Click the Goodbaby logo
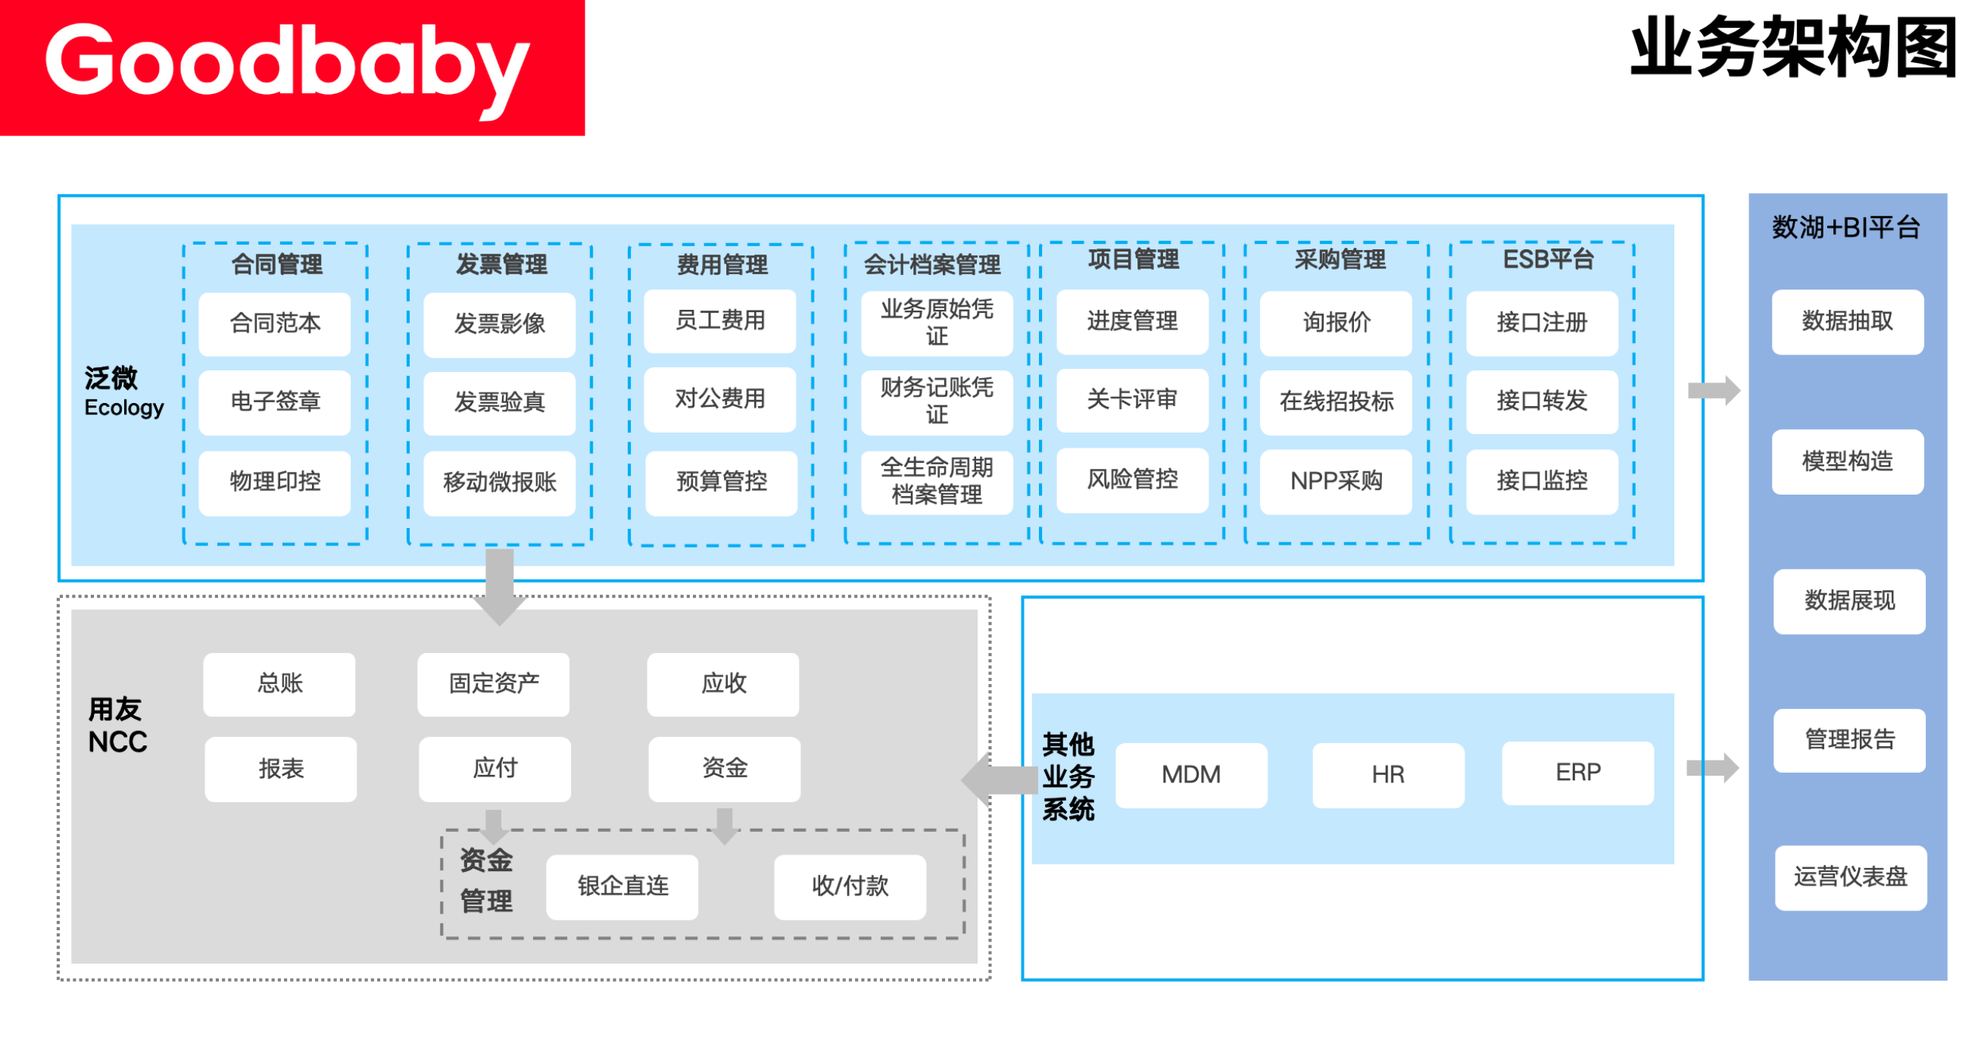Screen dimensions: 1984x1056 pyautogui.click(x=292, y=67)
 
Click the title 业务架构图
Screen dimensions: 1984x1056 pyautogui.click(x=1794, y=48)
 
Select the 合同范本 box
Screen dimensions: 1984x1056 pyautogui.click(x=275, y=323)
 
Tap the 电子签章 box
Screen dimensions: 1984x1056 pyautogui.click(x=275, y=402)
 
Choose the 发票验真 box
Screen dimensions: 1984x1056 pyautogui.click(x=499, y=403)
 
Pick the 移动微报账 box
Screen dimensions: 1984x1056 pyautogui.click(x=499, y=483)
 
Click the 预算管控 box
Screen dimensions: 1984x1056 pyautogui.click(x=721, y=483)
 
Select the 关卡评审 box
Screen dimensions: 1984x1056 pyautogui.click(x=1132, y=400)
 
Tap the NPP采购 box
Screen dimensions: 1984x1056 pyautogui.click(x=1337, y=481)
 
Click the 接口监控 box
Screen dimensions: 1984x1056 pyautogui.click(x=1542, y=481)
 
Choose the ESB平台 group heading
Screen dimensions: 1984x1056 pyautogui.click(x=1548, y=260)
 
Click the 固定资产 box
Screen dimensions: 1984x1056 pyautogui.click(x=494, y=684)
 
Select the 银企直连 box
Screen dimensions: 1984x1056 pyautogui.click(x=622, y=886)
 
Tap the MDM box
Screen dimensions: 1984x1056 pyautogui.click(x=1191, y=775)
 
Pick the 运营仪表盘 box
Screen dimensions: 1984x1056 pyautogui.click(x=1851, y=877)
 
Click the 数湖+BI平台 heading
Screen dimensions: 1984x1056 pyautogui.click(x=1846, y=228)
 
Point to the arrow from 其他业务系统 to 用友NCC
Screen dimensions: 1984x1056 pyautogui.click(x=1000, y=780)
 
